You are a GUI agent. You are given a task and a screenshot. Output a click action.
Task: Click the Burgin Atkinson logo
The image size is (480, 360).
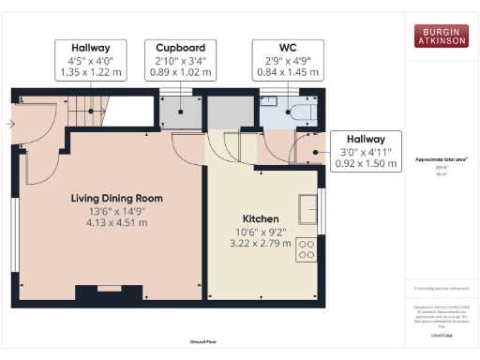(x=442, y=37)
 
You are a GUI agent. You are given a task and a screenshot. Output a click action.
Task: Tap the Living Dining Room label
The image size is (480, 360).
(x=117, y=199)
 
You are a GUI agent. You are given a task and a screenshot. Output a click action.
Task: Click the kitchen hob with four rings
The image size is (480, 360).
(x=306, y=248)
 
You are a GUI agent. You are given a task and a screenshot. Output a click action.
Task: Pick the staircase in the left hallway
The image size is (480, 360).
(x=88, y=110)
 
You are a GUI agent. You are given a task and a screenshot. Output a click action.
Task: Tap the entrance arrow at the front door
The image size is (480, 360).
(x=10, y=123)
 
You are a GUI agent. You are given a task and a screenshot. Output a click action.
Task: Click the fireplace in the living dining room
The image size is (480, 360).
(x=109, y=286)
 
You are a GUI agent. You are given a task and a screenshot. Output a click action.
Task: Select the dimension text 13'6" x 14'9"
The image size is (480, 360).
(x=117, y=211)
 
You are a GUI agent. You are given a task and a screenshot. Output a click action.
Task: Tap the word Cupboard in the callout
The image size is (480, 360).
(x=181, y=47)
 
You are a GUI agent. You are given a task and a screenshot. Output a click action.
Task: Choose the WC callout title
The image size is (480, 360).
(x=288, y=47)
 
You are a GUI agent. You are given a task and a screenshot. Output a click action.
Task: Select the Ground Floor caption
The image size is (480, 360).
(x=203, y=342)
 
